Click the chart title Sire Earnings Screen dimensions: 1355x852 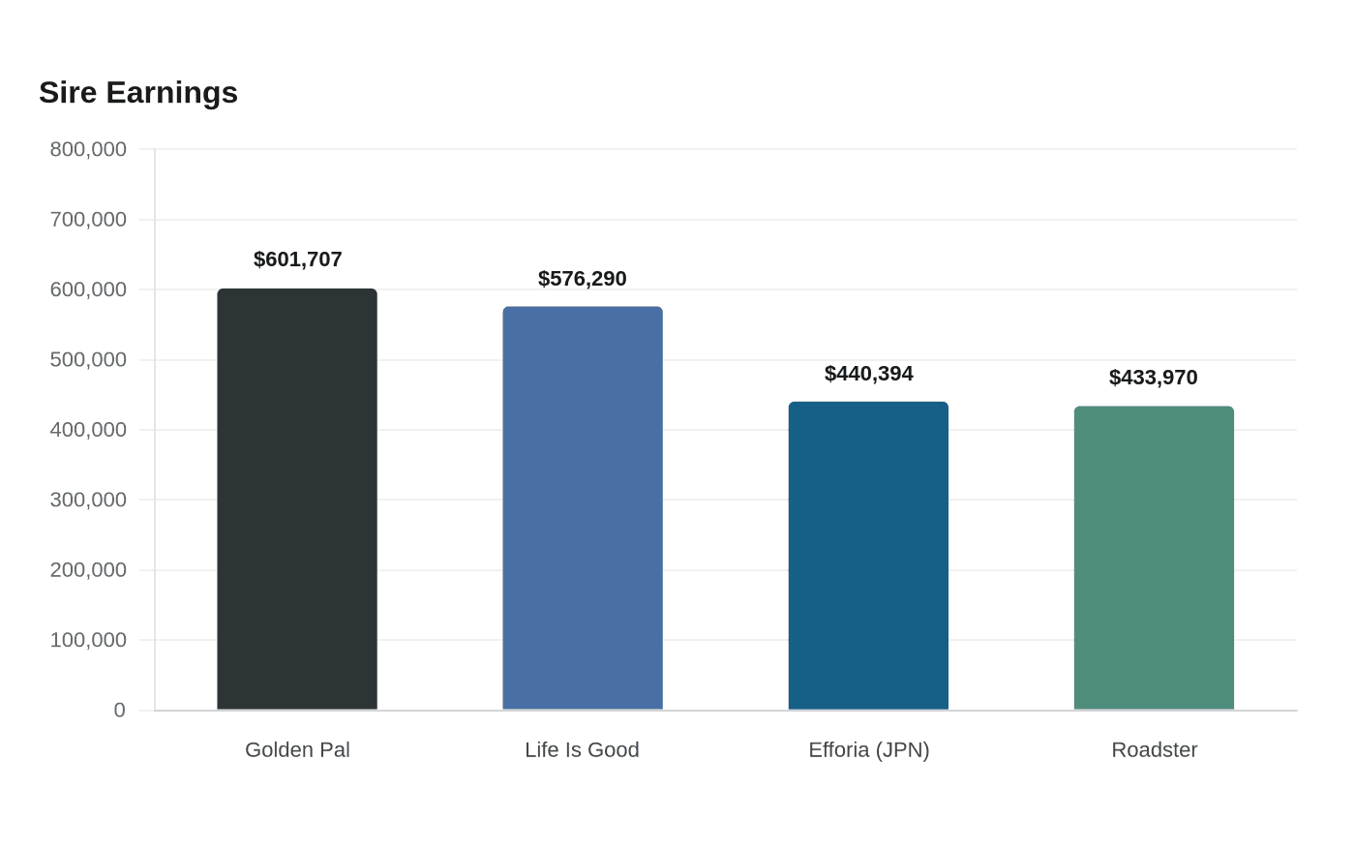138,93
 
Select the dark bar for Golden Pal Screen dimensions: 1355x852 297,500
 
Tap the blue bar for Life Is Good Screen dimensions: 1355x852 583,508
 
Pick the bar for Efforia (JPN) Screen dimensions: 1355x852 869,556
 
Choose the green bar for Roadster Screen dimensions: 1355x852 1154,558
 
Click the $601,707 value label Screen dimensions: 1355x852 298,259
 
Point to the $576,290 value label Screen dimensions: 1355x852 583,279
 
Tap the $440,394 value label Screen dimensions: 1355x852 869,374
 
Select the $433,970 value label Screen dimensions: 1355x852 1154,378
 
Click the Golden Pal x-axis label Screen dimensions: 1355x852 298,750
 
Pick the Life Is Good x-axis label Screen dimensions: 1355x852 582,750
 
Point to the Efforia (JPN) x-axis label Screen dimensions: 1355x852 869,750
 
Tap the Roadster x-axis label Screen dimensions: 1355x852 1155,750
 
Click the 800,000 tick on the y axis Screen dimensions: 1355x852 88,149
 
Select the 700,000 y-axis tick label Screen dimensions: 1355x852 88,220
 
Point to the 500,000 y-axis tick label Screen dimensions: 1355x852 88,360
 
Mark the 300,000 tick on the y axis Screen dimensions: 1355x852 88,500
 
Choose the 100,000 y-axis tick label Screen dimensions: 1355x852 88,640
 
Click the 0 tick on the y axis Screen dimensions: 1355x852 120,711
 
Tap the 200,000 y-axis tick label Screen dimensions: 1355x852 88,570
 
